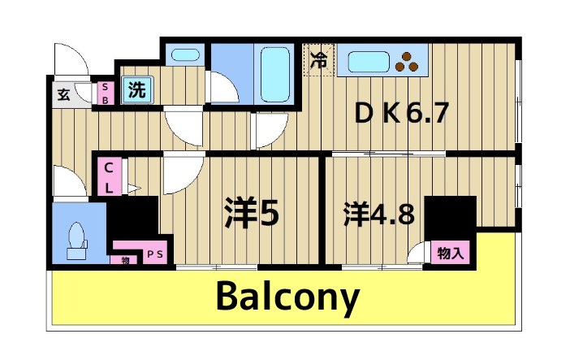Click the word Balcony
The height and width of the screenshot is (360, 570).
287,299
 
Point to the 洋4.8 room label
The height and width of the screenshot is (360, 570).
379,215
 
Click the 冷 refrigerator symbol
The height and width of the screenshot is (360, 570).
319,60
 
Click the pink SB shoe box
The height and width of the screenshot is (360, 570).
106,93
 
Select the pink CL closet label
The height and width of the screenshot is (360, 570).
108,177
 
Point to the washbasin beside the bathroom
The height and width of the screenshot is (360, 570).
187,57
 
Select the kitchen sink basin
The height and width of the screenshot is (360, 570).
369,60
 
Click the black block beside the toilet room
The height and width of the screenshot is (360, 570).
132,218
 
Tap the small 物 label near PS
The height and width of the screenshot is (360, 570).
126,260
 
